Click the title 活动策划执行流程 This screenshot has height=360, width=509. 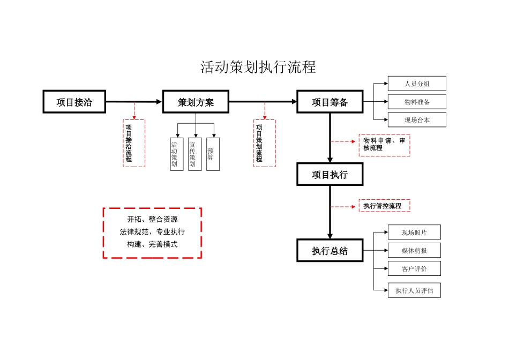pos(258,67)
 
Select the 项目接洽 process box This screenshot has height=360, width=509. pos(74,102)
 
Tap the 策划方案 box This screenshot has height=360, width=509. pos(196,102)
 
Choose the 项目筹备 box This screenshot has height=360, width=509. pos(330,102)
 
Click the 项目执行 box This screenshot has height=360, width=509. pos(330,175)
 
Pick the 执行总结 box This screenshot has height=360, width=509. pos(330,251)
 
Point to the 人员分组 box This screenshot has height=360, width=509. pos(417,84)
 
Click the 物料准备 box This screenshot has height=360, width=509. pos(417,102)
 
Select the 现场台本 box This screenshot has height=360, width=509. pos(417,121)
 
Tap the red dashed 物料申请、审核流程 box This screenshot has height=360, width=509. pos(384,145)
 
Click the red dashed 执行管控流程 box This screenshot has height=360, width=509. pos(384,206)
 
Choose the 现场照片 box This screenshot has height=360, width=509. pos(414,232)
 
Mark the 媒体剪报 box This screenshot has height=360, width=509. pos(414,250)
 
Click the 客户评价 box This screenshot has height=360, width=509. pos(414,268)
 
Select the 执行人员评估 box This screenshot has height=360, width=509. pos(414,290)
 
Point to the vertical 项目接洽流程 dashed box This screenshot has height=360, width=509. pos(134,143)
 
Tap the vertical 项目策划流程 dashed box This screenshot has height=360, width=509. pos(265,143)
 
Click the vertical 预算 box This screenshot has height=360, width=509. pos(213,154)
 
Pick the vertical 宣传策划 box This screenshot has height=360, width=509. pos(195,154)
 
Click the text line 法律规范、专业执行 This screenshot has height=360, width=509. pos(152,232)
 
